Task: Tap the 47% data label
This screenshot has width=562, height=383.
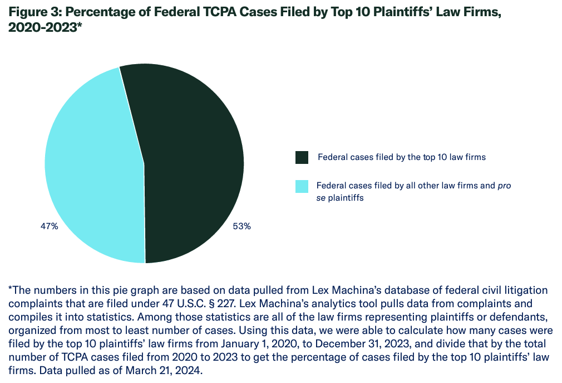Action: pyautogui.click(x=50, y=227)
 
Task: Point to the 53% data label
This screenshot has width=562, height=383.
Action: pyautogui.click(x=241, y=227)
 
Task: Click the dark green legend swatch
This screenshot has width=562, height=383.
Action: pyautogui.click(x=302, y=157)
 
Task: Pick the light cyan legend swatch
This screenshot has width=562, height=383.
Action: pyautogui.click(x=302, y=186)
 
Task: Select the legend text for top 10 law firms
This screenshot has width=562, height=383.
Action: pyautogui.click(x=401, y=157)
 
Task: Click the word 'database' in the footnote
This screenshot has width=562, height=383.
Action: pyautogui.click(x=361, y=290)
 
